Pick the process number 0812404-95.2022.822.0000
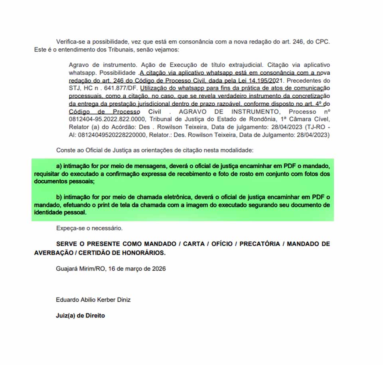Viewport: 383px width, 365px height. coord(108,119)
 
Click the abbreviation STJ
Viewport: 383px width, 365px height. coord(74,88)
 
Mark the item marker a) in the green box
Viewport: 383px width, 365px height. coord(59,166)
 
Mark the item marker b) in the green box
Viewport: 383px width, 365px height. coord(59,197)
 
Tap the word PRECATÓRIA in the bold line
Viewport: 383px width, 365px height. coord(260,244)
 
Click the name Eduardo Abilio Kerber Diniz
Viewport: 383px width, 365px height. coord(93,300)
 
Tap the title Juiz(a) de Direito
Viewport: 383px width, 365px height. coord(80,315)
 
